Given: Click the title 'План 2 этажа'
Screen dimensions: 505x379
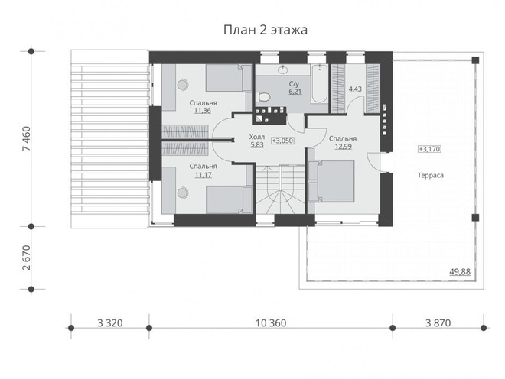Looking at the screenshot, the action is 266,30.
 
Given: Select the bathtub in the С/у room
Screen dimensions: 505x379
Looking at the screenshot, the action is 320,83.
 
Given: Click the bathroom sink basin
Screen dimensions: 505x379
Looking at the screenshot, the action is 283,69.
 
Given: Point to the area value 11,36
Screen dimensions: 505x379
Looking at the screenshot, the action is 203,111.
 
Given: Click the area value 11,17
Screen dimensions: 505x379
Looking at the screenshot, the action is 204,175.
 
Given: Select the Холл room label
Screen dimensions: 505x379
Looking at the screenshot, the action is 257,137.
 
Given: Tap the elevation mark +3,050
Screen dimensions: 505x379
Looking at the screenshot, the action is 282,141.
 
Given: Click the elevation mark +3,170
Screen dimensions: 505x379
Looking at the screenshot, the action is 429,149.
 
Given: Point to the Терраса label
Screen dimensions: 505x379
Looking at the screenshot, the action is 431,175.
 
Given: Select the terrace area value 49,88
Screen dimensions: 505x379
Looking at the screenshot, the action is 460,272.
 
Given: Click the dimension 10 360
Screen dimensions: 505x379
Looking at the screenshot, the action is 271,322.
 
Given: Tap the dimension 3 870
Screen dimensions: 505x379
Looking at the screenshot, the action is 438,322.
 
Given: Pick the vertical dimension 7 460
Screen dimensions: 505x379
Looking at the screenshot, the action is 26,138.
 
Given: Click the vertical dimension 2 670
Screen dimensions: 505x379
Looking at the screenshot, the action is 26,258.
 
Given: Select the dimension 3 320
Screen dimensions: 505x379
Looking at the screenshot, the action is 110,322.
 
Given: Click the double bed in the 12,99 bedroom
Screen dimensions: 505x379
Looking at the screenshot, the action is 331,181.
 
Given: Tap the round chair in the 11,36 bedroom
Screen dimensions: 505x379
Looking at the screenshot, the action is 183,84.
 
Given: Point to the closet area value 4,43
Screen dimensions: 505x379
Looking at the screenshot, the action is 355,89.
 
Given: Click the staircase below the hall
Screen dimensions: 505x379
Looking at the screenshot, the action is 280,189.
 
